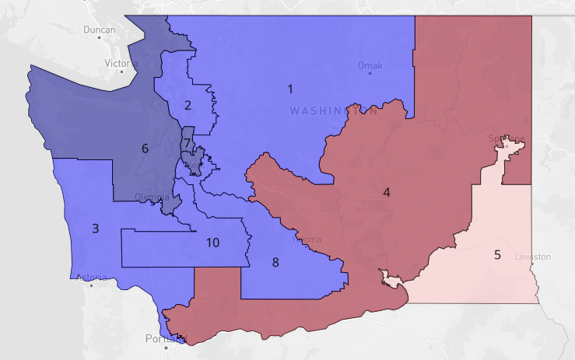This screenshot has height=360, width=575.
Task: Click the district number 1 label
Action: (290, 89)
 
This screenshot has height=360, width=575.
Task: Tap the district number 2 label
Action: (188, 105)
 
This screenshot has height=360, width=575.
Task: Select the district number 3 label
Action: (96, 228)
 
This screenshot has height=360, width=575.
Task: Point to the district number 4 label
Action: (387, 192)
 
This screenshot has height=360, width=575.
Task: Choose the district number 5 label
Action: (496, 254)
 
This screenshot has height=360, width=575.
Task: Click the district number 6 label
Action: (145, 148)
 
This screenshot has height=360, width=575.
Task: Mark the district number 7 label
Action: (188, 143)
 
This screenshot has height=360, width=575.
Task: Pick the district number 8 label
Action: (275, 262)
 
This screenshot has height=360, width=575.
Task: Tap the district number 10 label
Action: (212, 243)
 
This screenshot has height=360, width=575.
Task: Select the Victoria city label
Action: (121, 63)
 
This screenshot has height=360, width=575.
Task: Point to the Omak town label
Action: (370, 65)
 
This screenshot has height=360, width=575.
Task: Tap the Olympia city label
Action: (149, 197)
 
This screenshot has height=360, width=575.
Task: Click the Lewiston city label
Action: (532, 257)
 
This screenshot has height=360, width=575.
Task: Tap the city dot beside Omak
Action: (370, 74)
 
